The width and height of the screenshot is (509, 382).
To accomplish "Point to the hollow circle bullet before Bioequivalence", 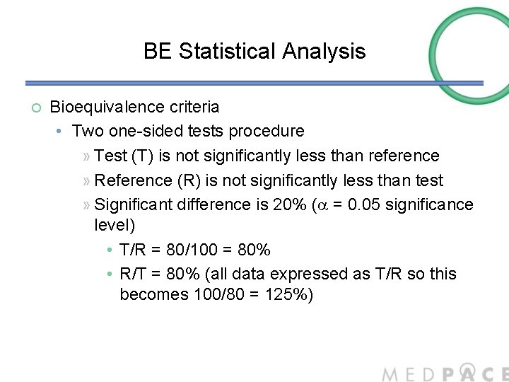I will [36, 108].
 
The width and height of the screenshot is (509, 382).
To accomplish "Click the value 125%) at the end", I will [286, 293].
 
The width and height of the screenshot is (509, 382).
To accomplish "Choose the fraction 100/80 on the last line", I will [217, 293].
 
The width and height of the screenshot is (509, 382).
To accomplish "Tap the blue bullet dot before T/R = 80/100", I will [110, 250].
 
